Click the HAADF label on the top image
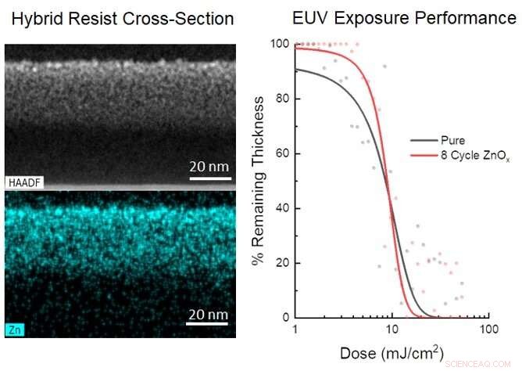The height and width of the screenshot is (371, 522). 26,182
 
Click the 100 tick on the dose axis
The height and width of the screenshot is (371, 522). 488,329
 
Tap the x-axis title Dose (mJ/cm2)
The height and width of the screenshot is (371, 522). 391,353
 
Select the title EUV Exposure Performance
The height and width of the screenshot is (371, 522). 403,18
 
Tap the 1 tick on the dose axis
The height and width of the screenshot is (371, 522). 295,329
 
